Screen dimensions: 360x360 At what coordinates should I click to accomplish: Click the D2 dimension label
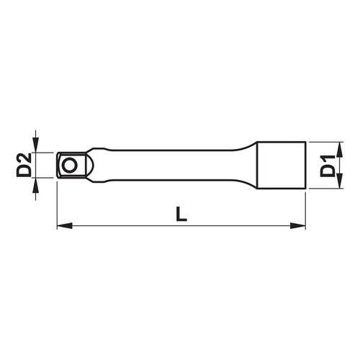23,165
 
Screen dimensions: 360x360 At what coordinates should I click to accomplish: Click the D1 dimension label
328,165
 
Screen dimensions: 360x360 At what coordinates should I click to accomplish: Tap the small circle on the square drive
69,166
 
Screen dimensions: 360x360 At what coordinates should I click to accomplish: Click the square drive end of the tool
68,166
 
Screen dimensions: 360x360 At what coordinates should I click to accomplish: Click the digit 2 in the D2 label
23,156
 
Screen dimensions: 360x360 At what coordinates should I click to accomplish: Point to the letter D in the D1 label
328,172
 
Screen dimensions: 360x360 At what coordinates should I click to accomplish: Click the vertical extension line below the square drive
56,205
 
